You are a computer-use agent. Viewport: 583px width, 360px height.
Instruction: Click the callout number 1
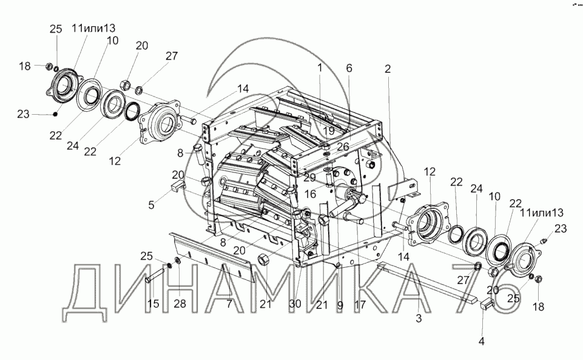pyautogui.click(x=319, y=67)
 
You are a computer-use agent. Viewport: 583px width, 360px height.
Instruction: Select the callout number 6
pyautogui.click(x=349, y=68)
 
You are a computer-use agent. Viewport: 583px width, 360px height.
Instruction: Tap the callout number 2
pyautogui.click(x=388, y=69)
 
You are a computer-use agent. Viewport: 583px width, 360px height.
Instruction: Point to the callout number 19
pyautogui.click(x=329, y=131)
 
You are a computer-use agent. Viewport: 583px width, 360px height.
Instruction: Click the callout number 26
pyautogui.click(x=343, y=146)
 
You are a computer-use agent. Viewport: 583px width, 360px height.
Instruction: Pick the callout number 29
pyautogui.click(x=309, y=177)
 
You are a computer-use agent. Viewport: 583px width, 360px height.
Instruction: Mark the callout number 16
pyautogui.click(x=310, y=194)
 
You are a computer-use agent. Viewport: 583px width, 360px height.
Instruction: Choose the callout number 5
pyautogui.click(x=151, y=205)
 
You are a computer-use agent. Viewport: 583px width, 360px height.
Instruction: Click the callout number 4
pyautogui.click(x=482, y=341)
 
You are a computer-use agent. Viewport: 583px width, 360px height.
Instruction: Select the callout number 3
pyautogui.click(x=419, y=318)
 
